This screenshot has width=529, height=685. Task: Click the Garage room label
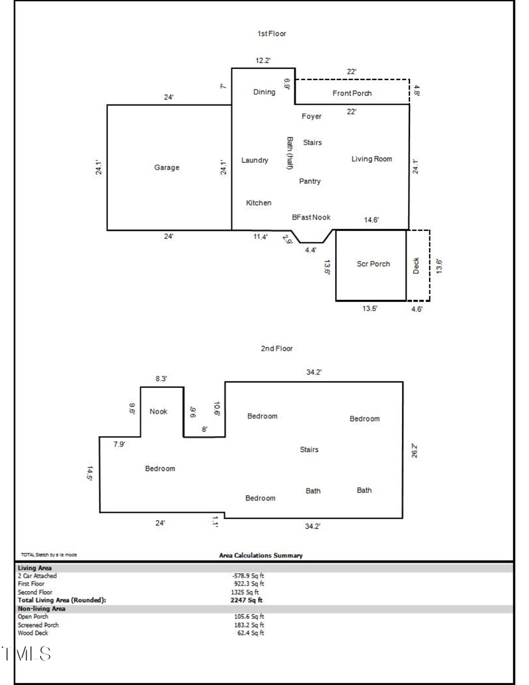pos(167,168)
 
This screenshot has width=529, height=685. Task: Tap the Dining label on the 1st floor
pos(264,92)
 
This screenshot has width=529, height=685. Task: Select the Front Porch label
pos(352,93)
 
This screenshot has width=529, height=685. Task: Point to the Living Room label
pos(372,159)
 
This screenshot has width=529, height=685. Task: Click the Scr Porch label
pos(374,264)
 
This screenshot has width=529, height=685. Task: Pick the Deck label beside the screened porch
pos(417,265)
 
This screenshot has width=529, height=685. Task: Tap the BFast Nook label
pos(311,217)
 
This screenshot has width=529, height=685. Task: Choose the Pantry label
pos(309,181)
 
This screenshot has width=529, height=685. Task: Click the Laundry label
pos(255,160)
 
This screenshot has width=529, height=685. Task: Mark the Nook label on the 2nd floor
pos(159,412)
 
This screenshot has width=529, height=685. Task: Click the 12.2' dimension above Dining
pos(263,61)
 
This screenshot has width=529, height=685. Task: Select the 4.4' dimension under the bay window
pos(310,250)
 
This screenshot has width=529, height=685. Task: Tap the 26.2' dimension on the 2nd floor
pos(414,451)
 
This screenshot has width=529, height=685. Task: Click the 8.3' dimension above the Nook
pos(161,379)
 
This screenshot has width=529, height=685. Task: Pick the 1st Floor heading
pos(272,33)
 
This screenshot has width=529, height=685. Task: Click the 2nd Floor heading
pos(276,348)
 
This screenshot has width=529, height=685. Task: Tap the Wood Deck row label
pos(33,633)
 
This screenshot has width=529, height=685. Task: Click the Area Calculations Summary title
pos(261,555)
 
